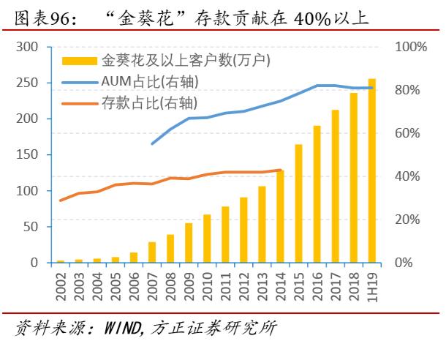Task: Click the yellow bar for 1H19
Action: pyautogui.click(x=372, y=170)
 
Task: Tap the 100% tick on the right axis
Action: pyautogui.click(x=411, y=47)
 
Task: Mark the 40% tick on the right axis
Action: pyautogui.click(x=407, y=176)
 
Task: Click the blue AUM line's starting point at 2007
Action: pyautogui.click(x=152, y=143)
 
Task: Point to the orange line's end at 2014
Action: pyautogui.click(x=281, y=170)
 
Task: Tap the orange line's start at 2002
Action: pyautogui.click(x=61, y=200)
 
